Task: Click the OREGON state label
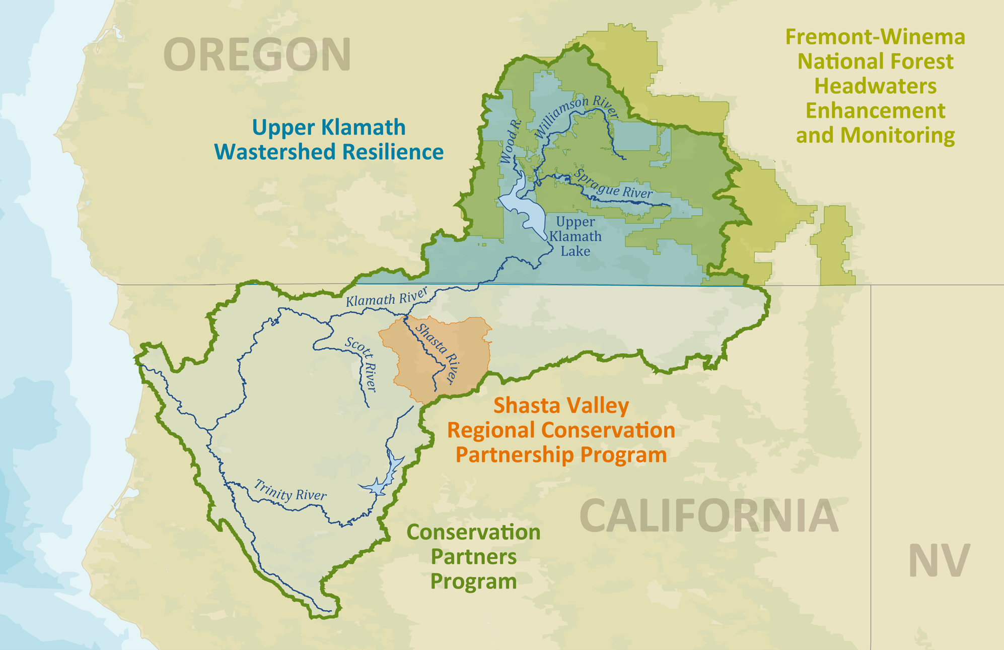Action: [257, 54]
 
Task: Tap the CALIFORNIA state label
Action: [709, 515]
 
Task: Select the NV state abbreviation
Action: [939, 560]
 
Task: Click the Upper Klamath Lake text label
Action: [575, 236]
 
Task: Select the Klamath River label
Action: [387, 297]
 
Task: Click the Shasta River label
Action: [438, 354]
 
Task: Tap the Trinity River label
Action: [290, 491]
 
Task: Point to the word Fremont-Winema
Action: [875, 37]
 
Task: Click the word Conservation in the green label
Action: [473, 532]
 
